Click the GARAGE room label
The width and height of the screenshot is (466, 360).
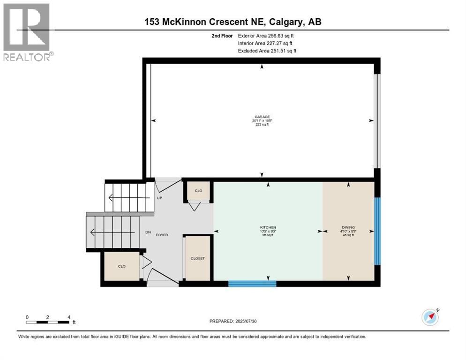[x=262, y=117]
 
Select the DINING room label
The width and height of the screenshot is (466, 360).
[x=348, y=227]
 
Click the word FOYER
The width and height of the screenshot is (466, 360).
[x=162, y=235]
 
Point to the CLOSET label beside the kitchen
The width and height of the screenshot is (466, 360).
[x=197, y=258]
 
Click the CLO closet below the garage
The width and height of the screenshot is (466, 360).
[x=198, y=191]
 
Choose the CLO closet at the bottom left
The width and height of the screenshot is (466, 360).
[x=121, y=266]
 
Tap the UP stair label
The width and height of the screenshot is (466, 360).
[x=159, y=198]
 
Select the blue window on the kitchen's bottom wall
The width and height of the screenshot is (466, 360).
[x=252, y=283]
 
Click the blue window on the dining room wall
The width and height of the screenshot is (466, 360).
[x=377, y=231]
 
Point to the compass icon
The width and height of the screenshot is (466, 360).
[x=430, y=317]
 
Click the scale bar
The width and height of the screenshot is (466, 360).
[x=48, y=322]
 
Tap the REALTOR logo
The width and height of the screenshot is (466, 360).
[x=27, y=31]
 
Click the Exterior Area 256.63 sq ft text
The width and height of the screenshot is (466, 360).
[x=266, y=35]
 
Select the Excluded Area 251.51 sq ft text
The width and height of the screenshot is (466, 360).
[x=267, y=51]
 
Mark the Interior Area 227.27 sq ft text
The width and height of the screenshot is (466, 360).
[x=265, y=43]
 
